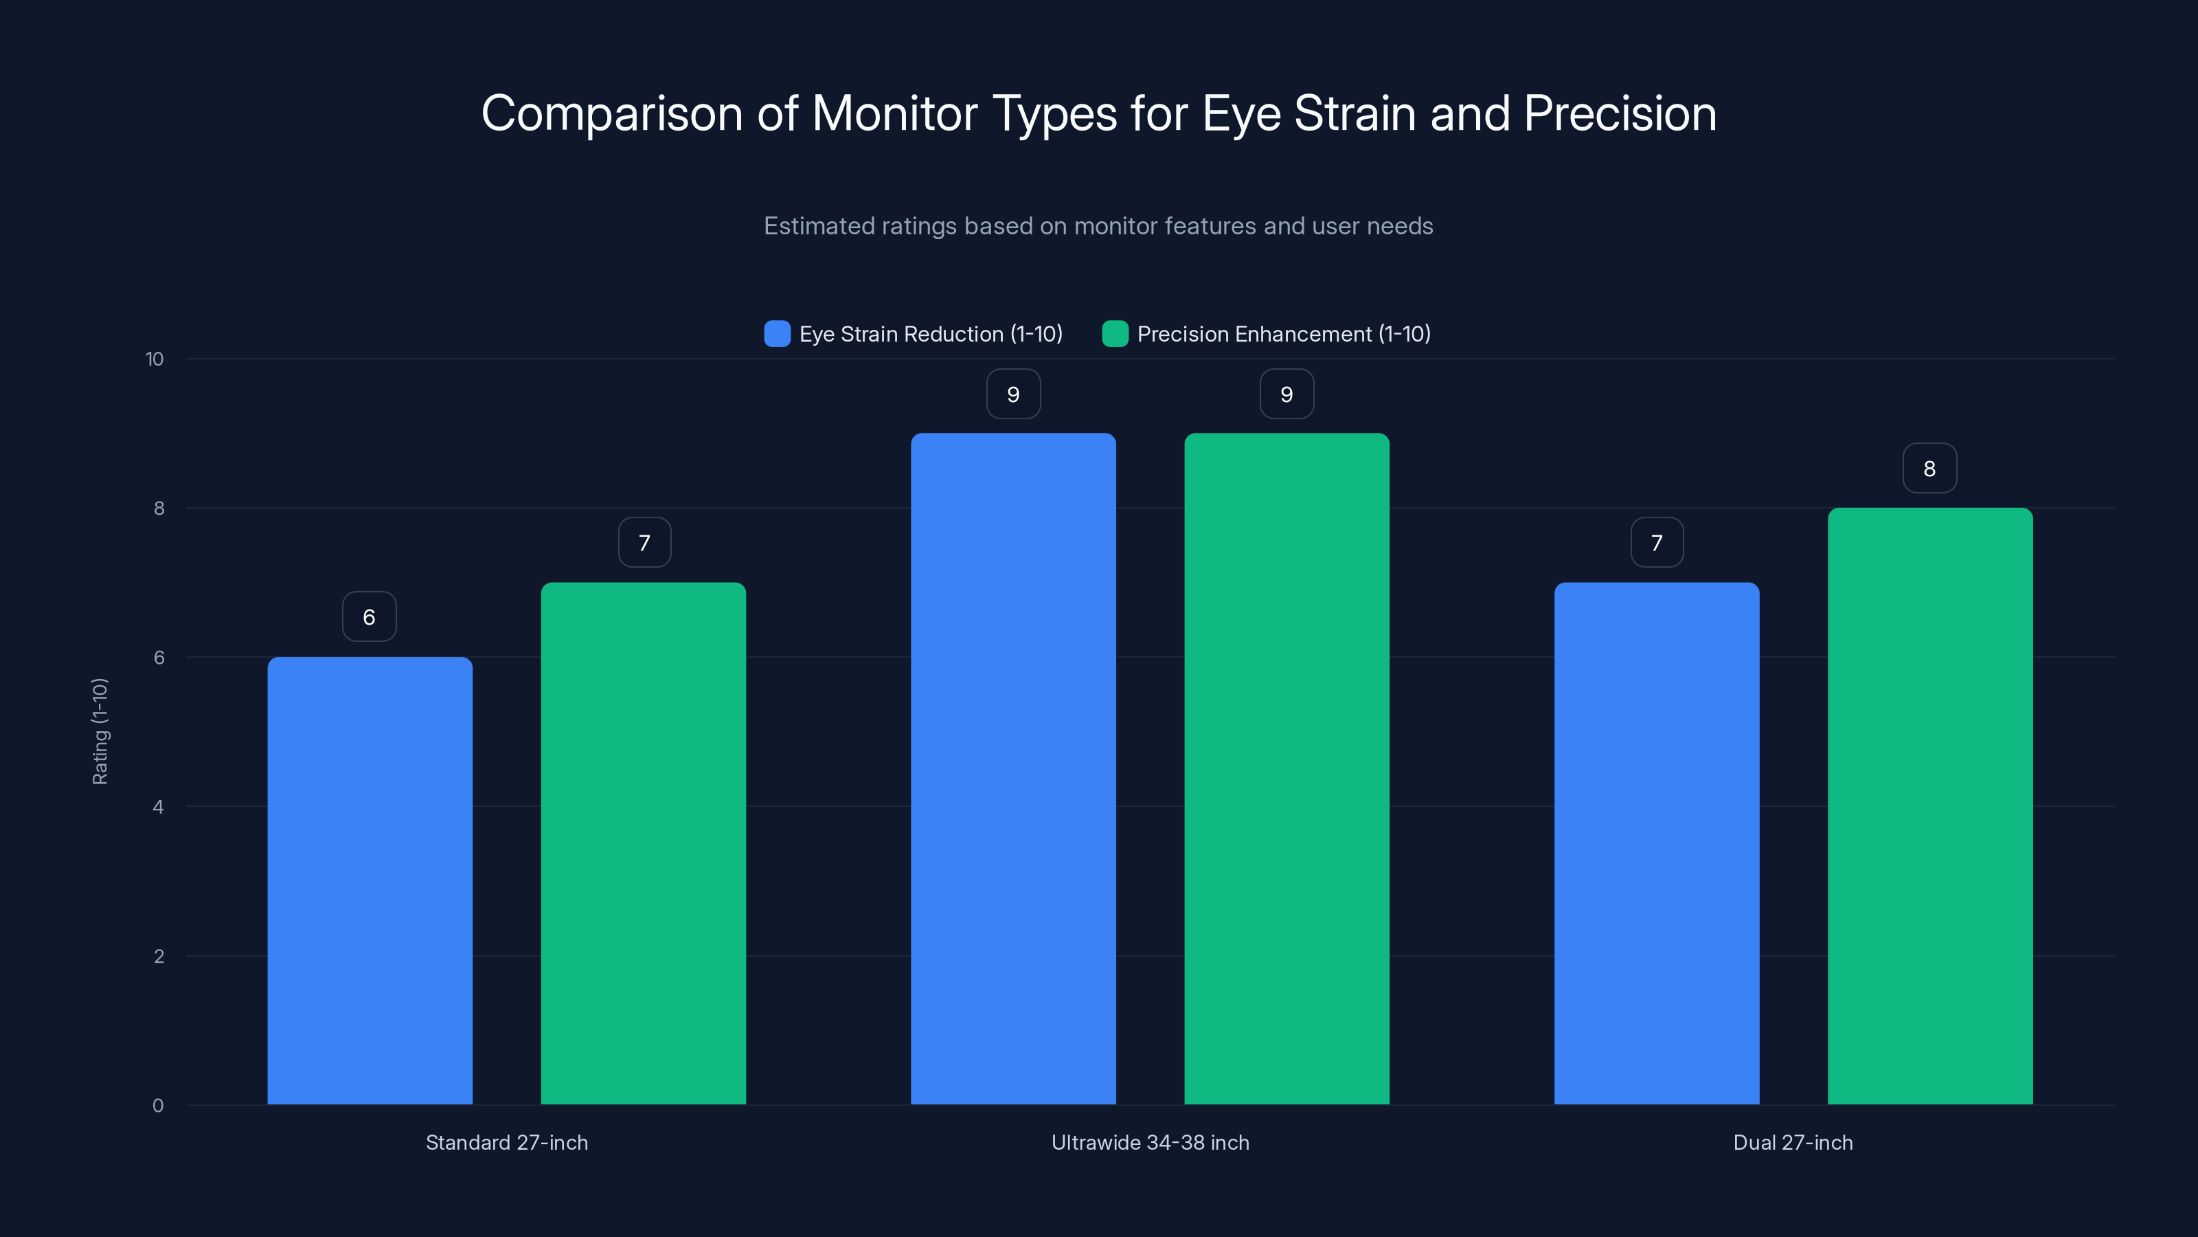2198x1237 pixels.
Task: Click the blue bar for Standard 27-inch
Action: [370, 880]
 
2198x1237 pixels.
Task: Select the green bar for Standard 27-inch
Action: [644, 843]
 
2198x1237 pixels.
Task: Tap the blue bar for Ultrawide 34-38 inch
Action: [1013, 768]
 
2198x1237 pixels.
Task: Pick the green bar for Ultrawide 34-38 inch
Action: [1287, 768]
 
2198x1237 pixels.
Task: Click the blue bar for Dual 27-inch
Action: [1656, 843]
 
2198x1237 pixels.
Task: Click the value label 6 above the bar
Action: [370, 616]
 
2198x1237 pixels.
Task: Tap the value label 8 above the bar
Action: [1929, 468]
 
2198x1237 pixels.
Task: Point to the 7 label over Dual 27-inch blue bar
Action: [1657, 542]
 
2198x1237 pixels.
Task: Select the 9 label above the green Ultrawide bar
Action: [1287, 394]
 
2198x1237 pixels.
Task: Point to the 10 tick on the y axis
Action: [155, 359]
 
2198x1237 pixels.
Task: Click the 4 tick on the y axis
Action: [158, 807]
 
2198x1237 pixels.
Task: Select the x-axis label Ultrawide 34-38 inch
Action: [1151, 1142]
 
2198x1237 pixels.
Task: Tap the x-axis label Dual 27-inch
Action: [1793, 1142]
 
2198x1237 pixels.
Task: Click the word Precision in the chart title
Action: [1620, 113]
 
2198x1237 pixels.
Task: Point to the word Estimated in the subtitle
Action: [818, 226]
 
